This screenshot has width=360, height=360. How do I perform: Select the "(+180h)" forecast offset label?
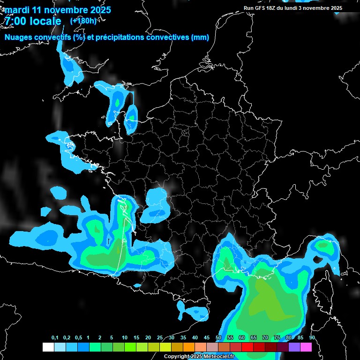pyautogui.click(x=83, y=21)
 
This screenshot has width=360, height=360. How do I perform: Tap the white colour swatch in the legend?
pyautogui.click(x=48, y=347)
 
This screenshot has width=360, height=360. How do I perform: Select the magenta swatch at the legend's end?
pyautogui.click(x=306, y=347)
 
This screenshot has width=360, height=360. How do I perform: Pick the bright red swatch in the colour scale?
pyautogui.click(x=247, y=347)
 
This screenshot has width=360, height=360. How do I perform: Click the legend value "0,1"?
pyautogui.click(x=54, y=338)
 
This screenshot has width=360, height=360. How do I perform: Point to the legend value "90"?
pyautogui.click(x=312, y=338)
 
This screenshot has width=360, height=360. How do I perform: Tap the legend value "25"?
pyautogui.click(x=159, y=338)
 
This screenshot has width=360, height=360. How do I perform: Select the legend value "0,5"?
pyautogui.click(x=78, y=338)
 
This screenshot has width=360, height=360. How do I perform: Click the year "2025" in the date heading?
pyautogui.click(x=99, y=10)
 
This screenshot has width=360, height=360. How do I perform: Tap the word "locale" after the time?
pyautogui.click(x=45, y=21)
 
